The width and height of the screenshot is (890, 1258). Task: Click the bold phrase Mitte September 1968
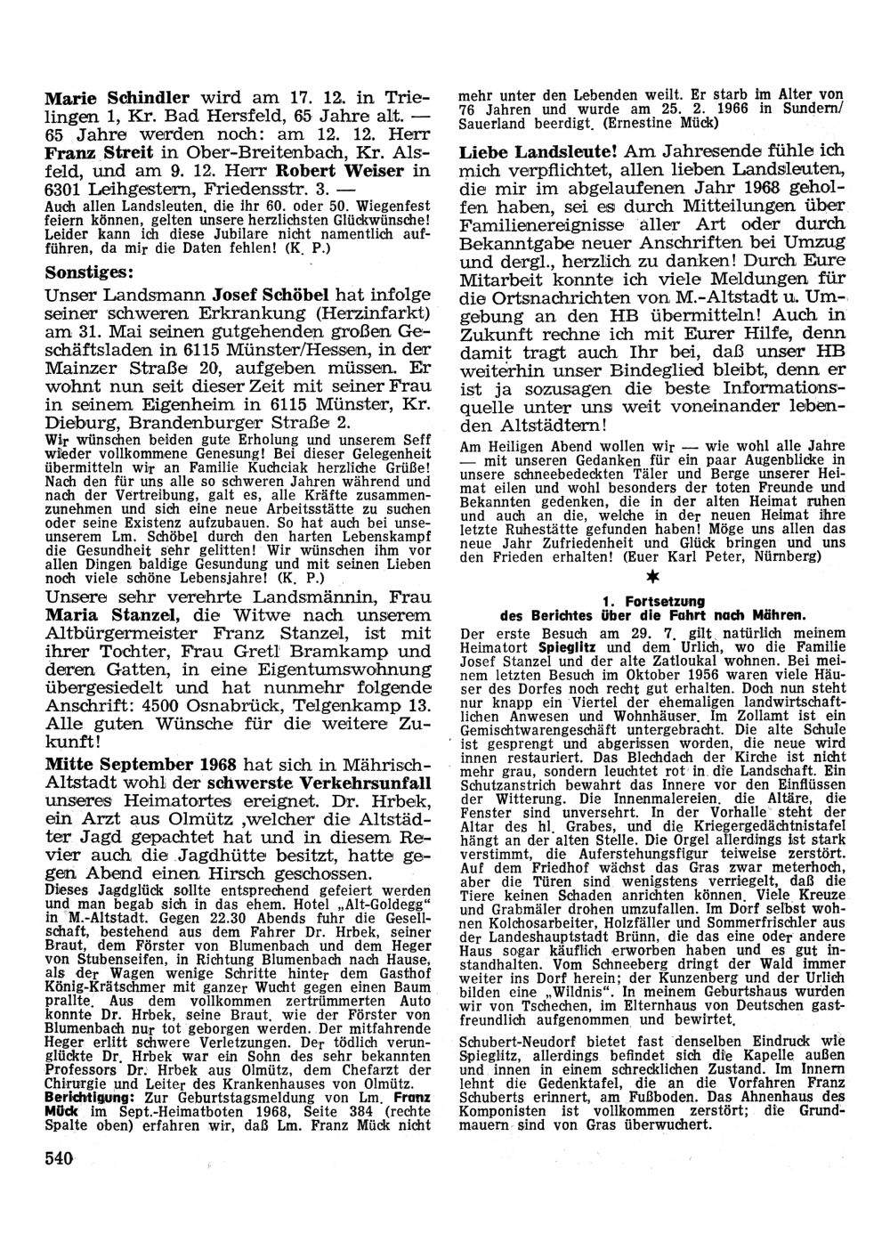(x=141, y=765)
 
